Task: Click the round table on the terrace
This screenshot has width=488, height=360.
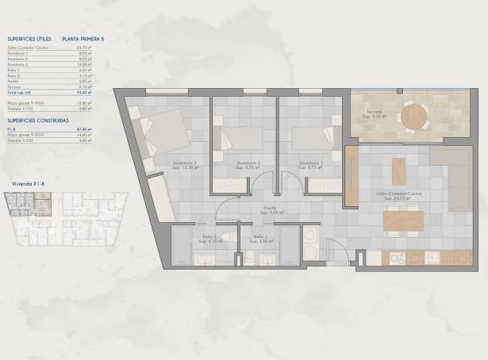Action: (413, 118)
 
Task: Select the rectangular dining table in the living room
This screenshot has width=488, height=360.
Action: (402, 219)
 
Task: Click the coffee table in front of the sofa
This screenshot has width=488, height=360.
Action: (398, 170)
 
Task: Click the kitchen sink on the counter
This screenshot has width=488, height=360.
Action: (434, 257)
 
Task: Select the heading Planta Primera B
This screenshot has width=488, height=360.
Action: (83, 37)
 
